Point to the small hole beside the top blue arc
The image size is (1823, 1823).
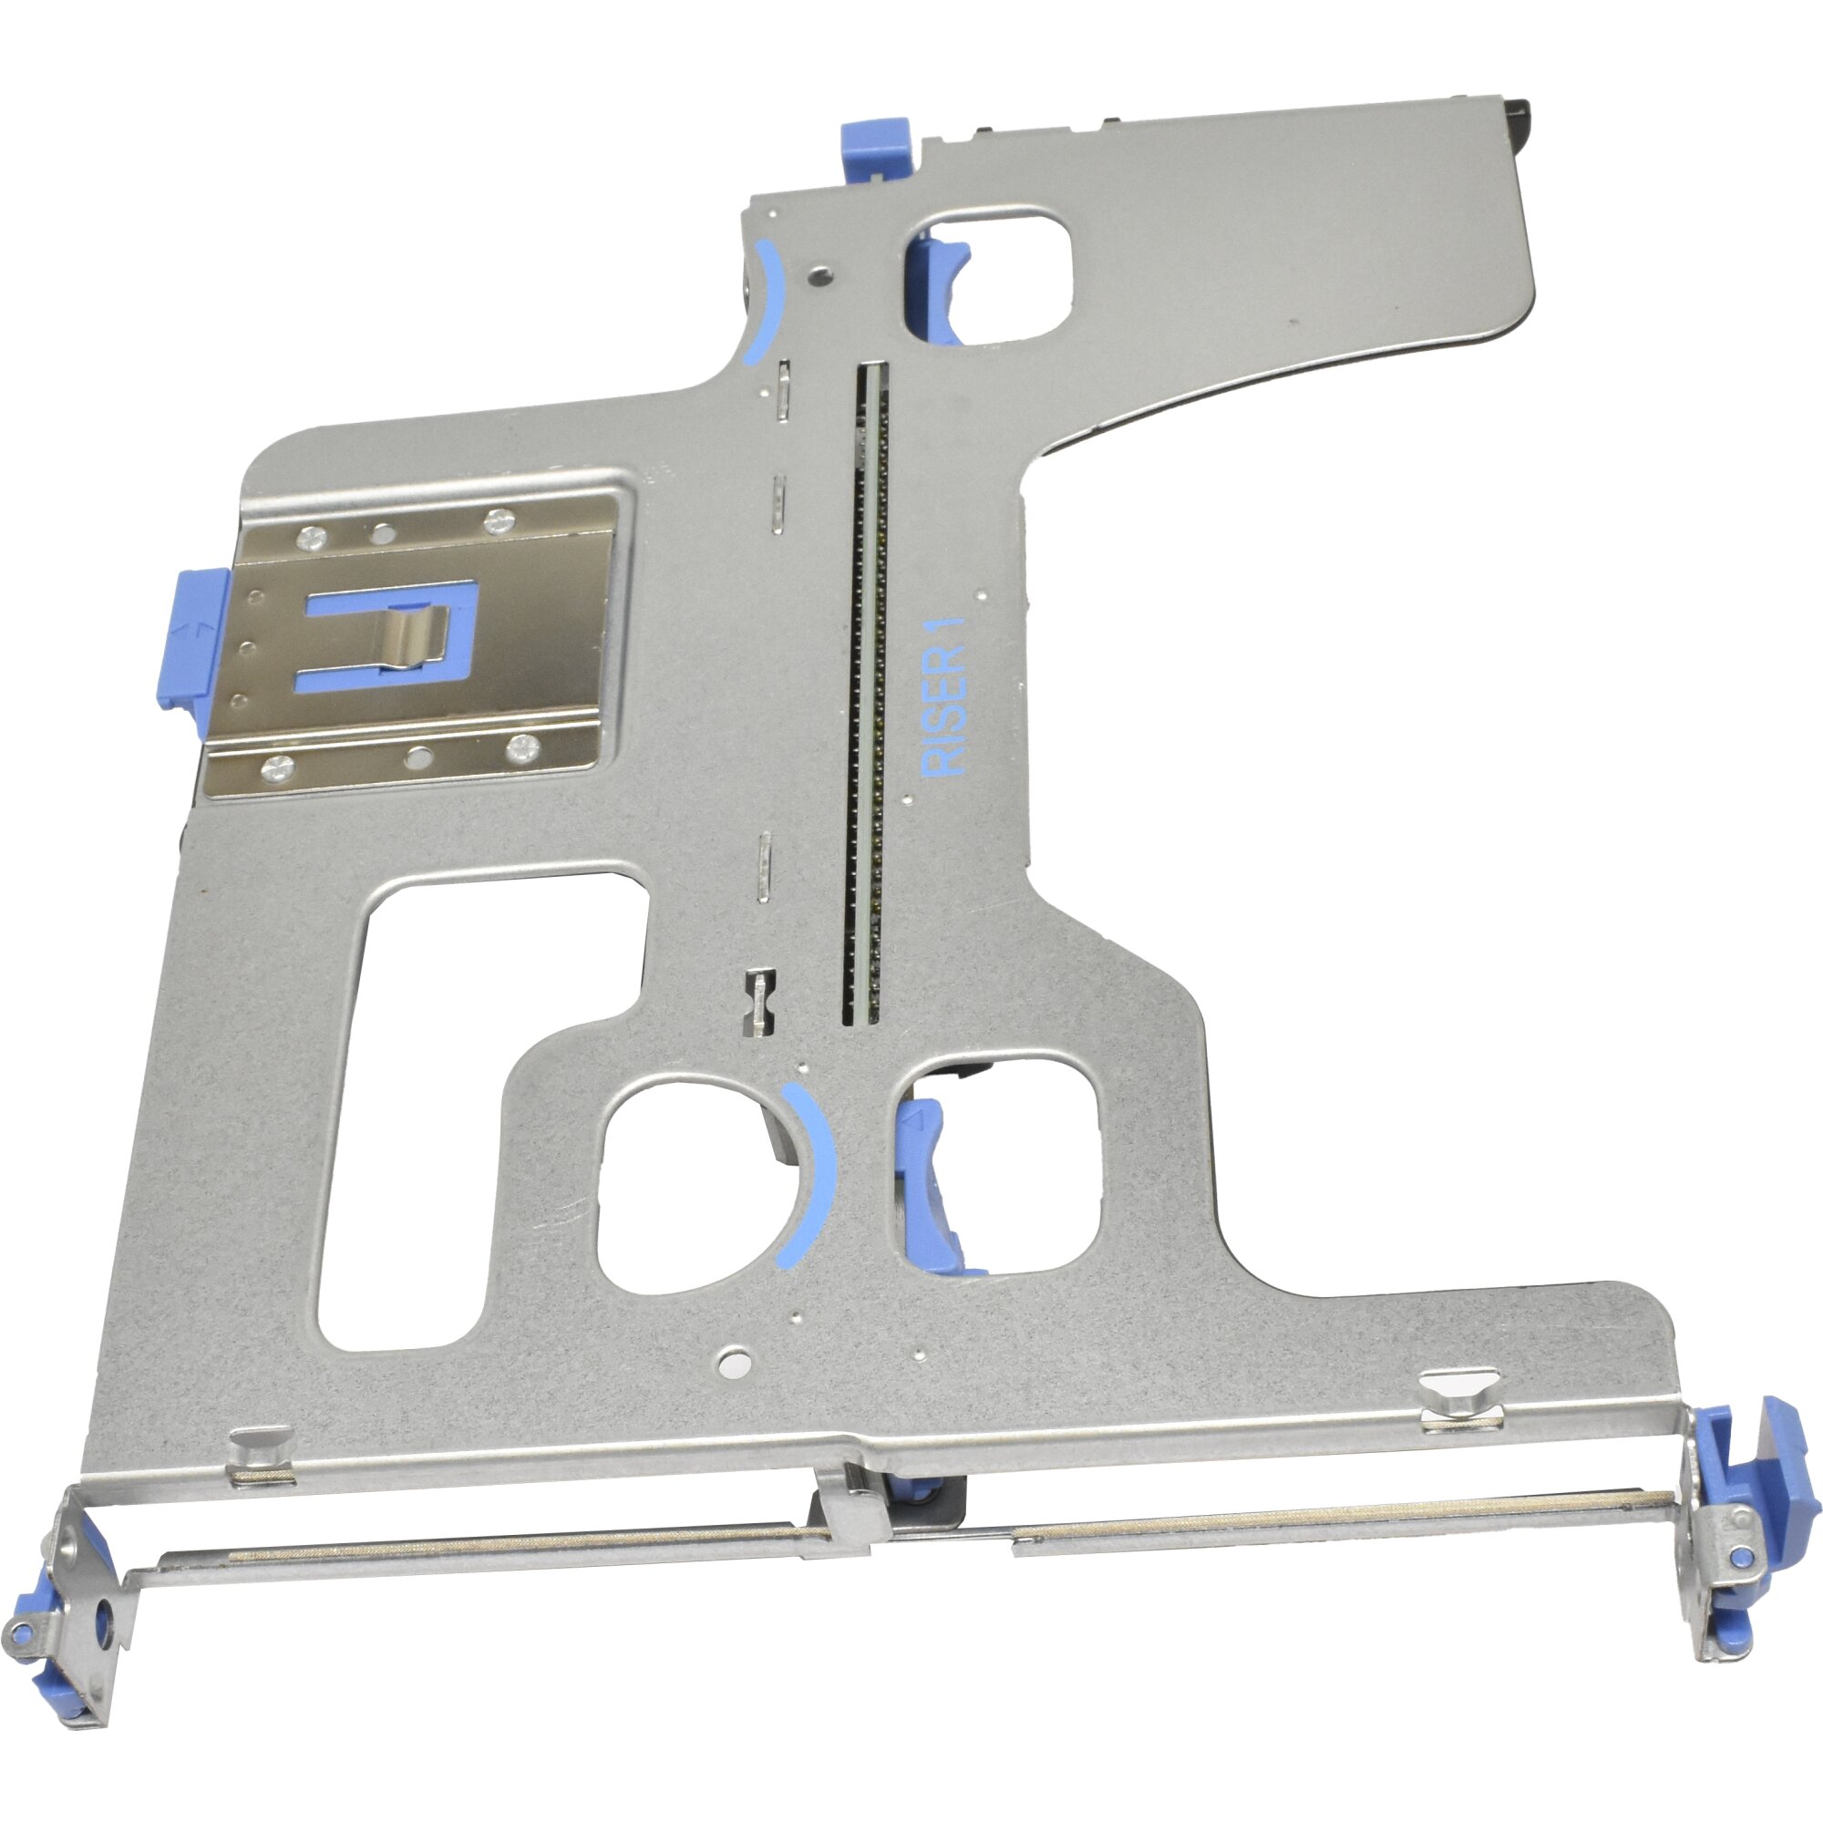point(823,278)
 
